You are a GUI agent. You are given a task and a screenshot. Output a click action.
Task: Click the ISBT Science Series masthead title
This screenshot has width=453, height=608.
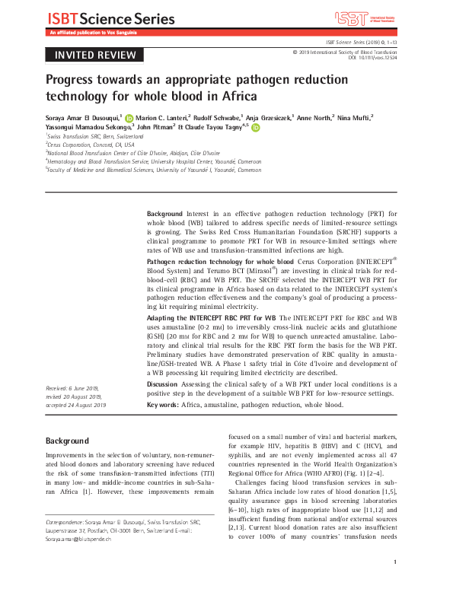coord(96,17)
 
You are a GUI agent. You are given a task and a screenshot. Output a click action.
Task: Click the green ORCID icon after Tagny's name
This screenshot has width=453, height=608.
coord(255,129)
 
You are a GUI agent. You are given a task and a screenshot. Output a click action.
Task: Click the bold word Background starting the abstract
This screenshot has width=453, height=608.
coord(164,215)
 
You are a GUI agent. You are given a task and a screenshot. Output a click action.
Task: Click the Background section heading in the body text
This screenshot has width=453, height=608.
coord(67,441)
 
